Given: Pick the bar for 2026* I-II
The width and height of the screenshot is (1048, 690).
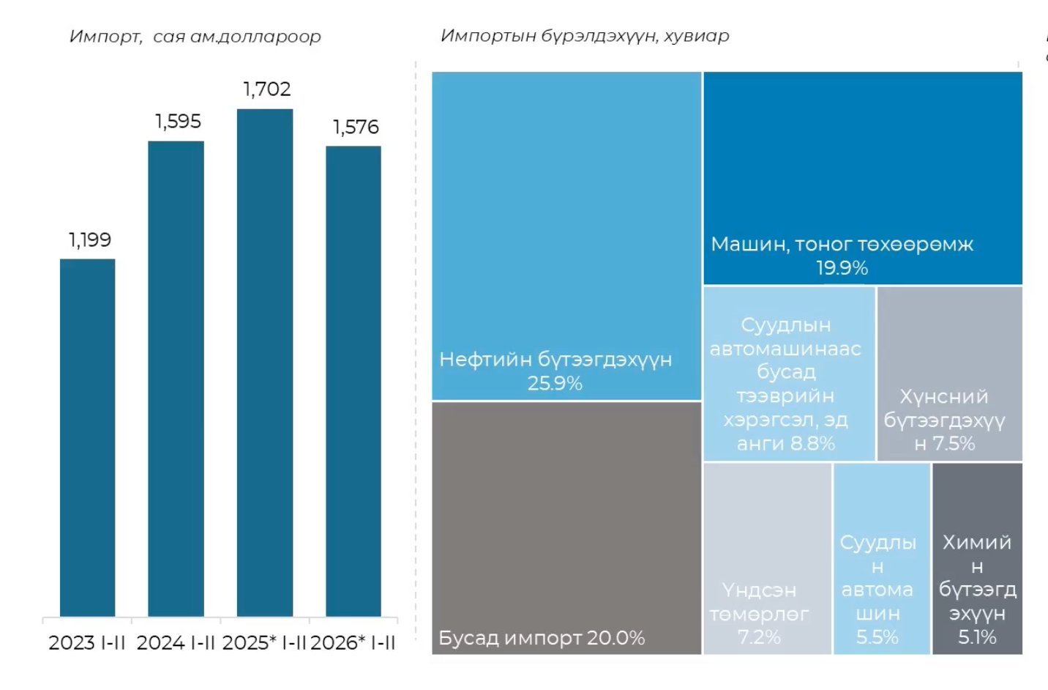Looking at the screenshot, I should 353,381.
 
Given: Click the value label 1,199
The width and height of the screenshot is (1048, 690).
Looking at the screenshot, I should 90,240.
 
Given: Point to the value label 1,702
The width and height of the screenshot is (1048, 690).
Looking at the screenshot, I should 267,89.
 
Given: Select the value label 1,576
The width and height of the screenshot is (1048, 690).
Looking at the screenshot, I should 356,127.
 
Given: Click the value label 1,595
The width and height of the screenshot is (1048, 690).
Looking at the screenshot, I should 178,122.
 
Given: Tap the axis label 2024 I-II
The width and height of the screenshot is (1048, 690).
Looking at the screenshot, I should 176,643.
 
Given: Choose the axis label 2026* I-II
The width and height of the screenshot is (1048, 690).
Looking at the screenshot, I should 353,643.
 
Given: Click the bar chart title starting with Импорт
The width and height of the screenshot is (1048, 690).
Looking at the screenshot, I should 195,37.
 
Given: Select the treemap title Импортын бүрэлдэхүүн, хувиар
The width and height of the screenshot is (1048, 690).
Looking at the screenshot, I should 585,36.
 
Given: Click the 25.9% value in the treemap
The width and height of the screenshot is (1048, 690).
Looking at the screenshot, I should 555,383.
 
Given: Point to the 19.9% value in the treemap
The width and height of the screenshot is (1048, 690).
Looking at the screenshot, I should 842,268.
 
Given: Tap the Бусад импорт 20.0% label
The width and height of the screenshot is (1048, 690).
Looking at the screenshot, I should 542,638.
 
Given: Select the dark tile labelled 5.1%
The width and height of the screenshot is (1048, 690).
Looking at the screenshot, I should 977,558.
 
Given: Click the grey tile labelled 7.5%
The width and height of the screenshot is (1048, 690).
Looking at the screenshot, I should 949,374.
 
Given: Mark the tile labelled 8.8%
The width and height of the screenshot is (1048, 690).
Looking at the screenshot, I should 789,374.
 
